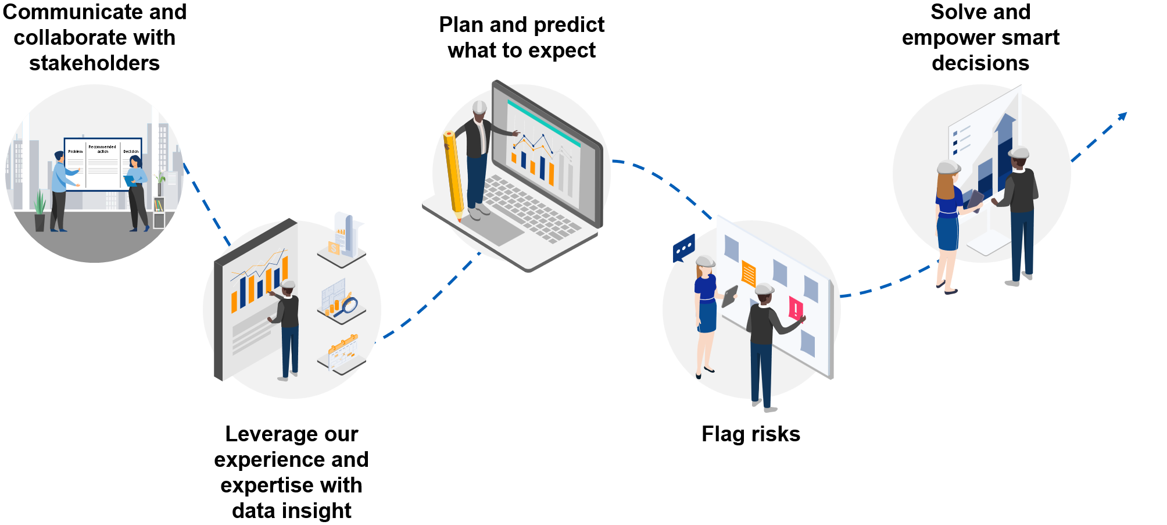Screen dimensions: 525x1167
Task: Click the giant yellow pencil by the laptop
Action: (454, 174)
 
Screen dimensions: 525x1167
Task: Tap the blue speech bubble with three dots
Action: (684, 248)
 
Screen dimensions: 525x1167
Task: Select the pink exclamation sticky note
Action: (796, 309)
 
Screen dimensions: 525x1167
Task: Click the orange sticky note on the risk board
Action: (749, 274)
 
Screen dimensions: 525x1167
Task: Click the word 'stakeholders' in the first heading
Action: (94, 63)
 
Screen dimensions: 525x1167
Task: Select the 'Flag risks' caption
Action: (750, 434)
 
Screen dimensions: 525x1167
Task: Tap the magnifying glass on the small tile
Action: (349, 305)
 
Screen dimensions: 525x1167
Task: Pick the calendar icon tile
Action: (343, 353)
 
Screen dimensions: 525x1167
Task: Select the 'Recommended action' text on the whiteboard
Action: (102, 149)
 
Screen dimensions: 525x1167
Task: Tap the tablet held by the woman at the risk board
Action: (729, 296)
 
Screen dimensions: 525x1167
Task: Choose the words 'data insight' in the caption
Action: (291, 511)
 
